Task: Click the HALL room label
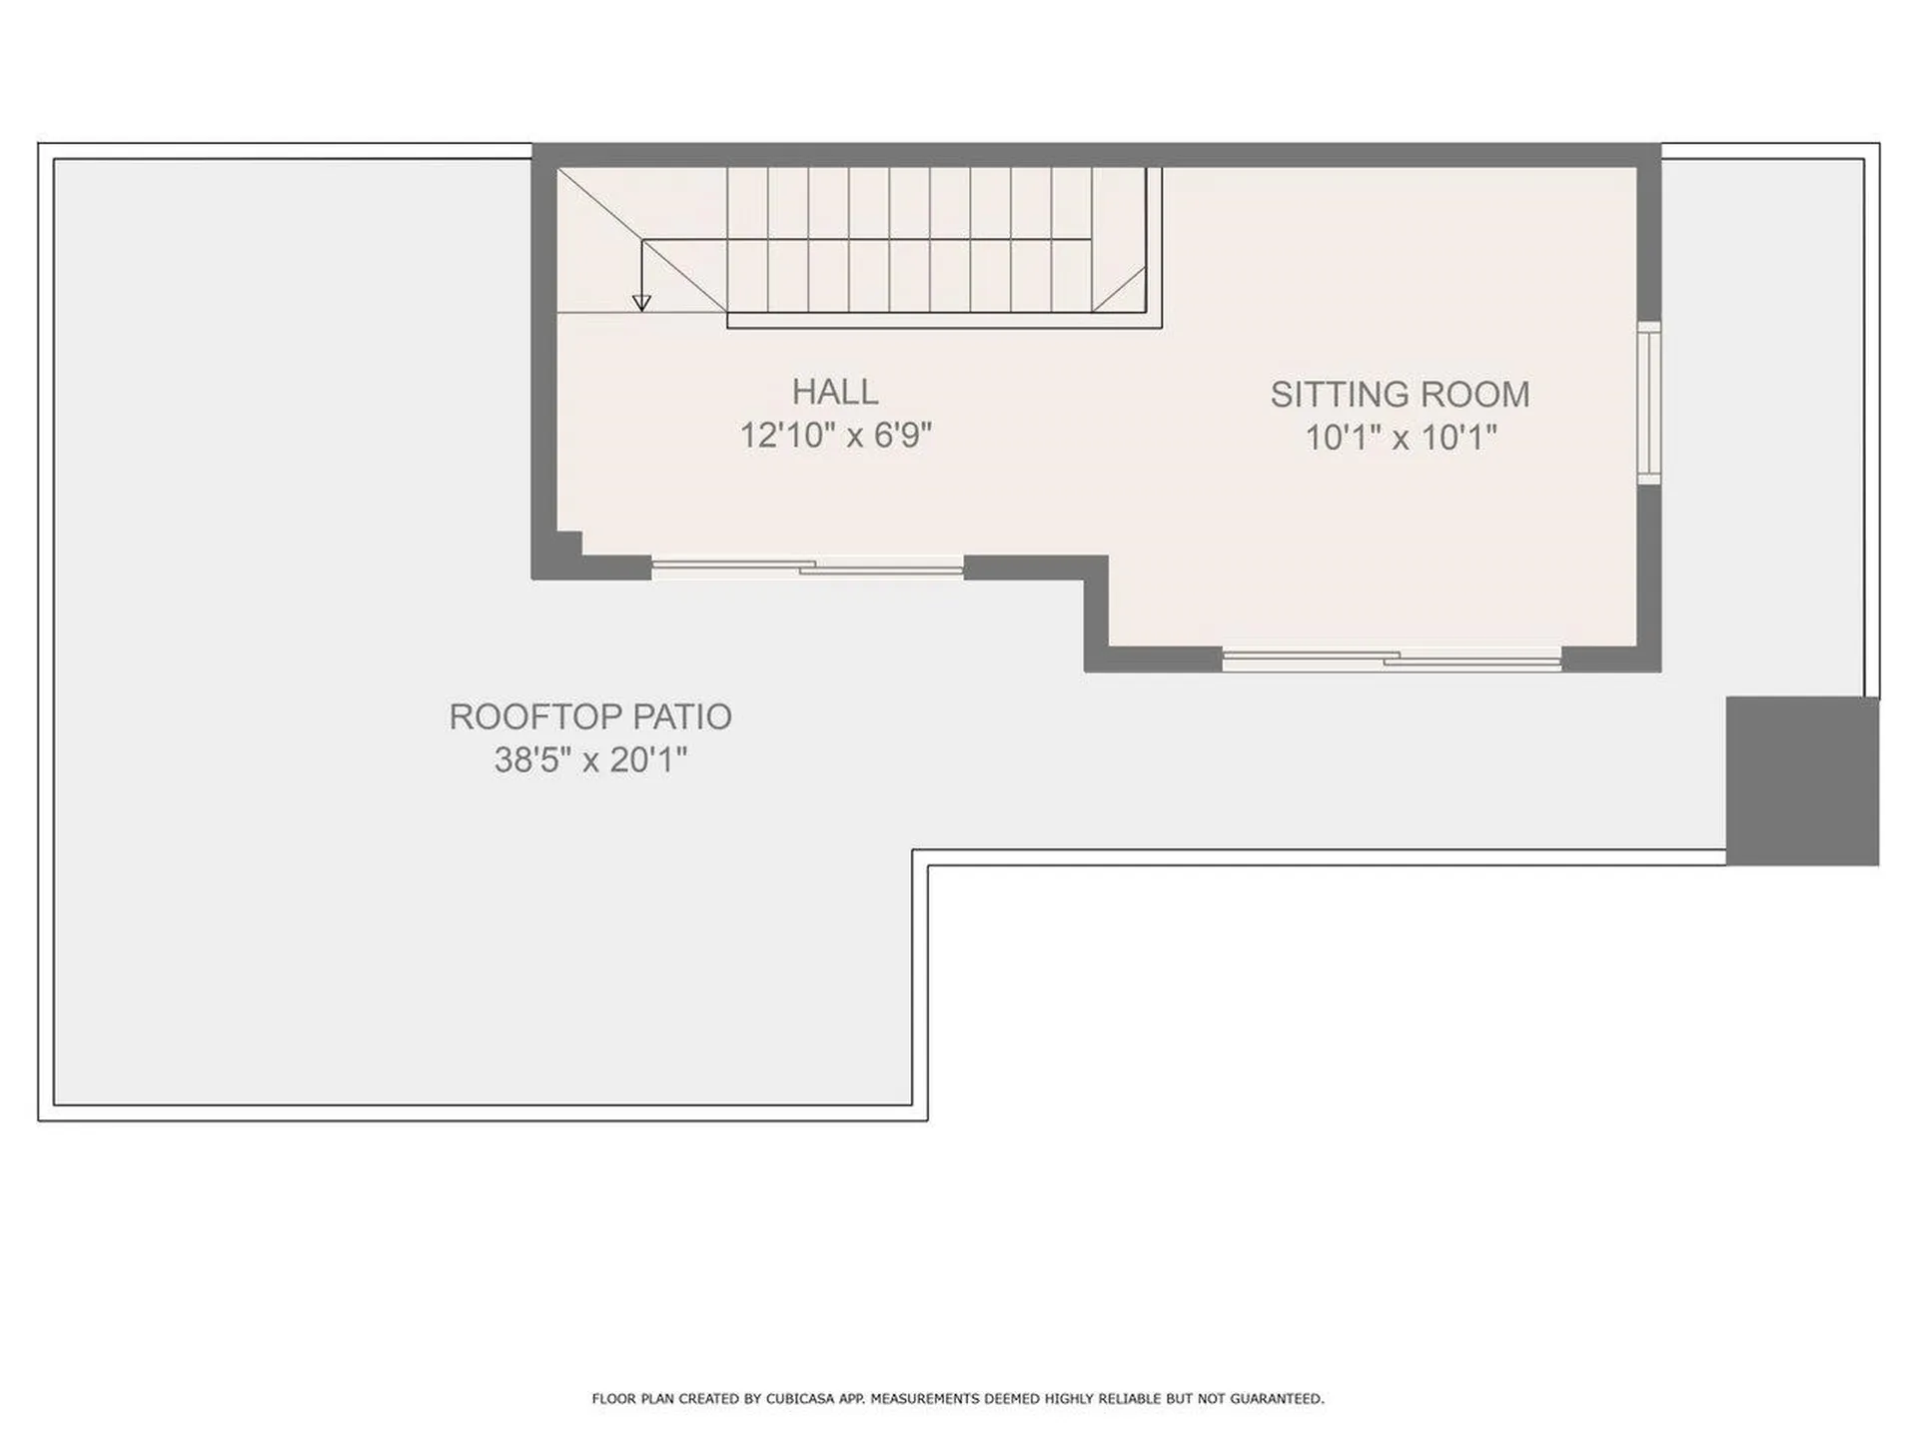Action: pos(835,392)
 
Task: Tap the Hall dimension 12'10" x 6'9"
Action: pos(835,436)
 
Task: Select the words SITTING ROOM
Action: pos(1400,395)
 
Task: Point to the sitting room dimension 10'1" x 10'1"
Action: pos(1401,438)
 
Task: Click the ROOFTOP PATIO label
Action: pos(590,717)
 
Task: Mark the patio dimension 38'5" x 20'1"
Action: pos(590,760)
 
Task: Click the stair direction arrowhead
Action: pos(641,302)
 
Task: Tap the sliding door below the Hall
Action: pos(807,568)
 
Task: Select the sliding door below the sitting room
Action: pos(1392,659)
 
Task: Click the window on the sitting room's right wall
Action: pos(1649,403)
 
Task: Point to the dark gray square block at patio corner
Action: pos(1802,780)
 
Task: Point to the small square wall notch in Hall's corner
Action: pos(569,543)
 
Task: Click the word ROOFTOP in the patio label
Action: pos(532,717)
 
